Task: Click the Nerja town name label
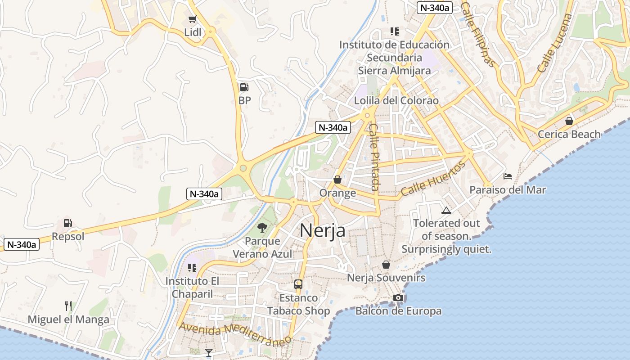tap(322, 230)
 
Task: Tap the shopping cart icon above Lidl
tap(193, 19)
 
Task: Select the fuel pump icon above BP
tap(244, 87)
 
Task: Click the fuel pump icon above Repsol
tap(67, 223)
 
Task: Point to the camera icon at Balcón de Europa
tap(398, 297)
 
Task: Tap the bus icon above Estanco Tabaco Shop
tap(298, 284)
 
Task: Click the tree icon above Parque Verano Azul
tap(262, 228)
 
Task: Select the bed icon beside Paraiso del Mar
tap(508, 176)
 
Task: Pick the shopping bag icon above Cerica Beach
tap(569, 121)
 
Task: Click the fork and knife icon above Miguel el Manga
tap(68, 306)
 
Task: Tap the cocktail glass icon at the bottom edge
tap(209, 352)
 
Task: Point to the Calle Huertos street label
tap(433, 179)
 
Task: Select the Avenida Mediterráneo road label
tap(235, 333)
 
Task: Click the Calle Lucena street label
tap(555, 43)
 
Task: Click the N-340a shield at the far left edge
tap(21, 245)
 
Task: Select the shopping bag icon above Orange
tap(337, 180)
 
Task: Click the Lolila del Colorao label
tap(396, 100)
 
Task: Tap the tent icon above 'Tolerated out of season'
tap(446, 210)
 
